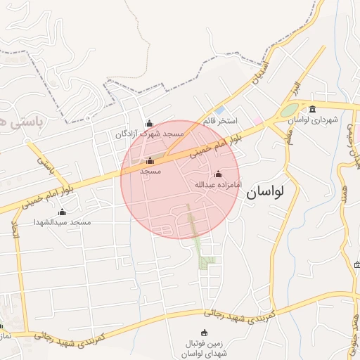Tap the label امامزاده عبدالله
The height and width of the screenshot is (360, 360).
(217, 185)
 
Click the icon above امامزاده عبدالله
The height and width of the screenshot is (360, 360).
(217, 174)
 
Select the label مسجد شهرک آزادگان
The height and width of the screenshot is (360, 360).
(150, 133)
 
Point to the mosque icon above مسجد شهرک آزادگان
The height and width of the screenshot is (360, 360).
(149, 123)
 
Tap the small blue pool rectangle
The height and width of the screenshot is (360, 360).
(221, 110)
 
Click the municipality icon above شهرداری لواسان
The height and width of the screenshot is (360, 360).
(313, 108)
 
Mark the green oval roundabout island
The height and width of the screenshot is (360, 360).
(289, 110)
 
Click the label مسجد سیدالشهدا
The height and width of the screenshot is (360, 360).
(63, 222)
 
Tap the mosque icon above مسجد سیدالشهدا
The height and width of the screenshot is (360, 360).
(62, 212)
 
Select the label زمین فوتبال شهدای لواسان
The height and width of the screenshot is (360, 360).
(205, 348)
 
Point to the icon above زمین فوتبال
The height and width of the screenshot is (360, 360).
(205, 333)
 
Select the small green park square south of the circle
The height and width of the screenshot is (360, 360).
(206, 262)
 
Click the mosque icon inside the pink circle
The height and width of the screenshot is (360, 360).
(149, 160)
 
